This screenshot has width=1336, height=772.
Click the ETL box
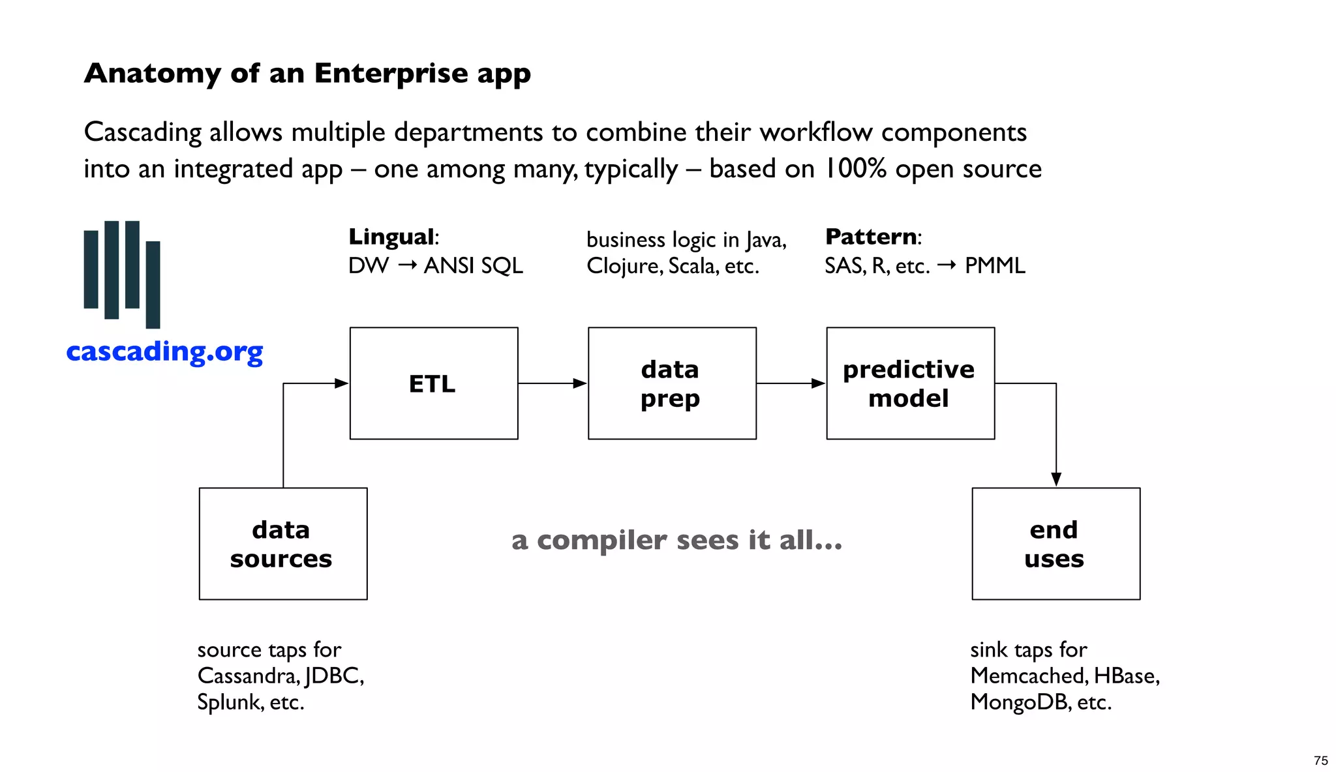tap(433, 383)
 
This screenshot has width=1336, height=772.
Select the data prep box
tap(672, 383)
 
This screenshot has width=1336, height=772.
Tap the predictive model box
tap(910, 383)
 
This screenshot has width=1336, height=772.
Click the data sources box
tap(282, 544)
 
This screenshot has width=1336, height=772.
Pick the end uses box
tap(1055, 544)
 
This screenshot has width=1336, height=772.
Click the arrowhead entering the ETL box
tap(341, 383)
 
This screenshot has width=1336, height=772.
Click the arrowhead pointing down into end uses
tap(1056, 479)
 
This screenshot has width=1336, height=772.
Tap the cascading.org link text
tap(164, 352)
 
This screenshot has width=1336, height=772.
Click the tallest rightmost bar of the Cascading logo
tap(153, 284)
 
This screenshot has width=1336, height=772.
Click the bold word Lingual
tap(391, 237)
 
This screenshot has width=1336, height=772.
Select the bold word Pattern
tap(871, 237)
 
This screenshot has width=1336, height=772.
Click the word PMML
tap(995, 266)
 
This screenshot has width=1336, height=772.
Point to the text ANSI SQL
tap(473, 266)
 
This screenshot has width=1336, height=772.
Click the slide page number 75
tap(1320, 760)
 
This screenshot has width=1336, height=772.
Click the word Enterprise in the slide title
tap(392, 73)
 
